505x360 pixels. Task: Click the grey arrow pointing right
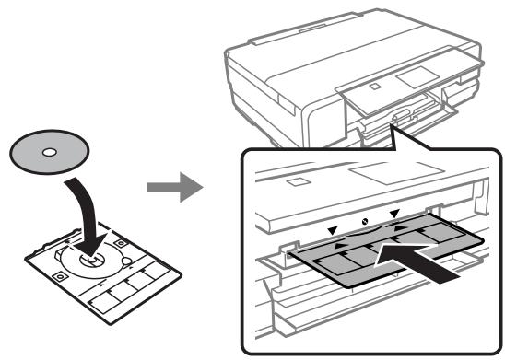pos(175,189)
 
